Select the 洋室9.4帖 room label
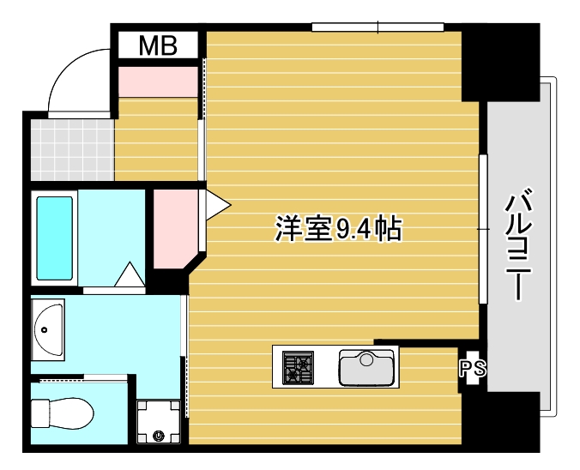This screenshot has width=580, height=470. (338, 229)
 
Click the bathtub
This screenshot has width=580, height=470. (54, 238)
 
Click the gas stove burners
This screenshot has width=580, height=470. (299, 366)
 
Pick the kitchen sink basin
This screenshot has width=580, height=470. (366, 367)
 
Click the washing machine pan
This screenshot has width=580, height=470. (159, 421)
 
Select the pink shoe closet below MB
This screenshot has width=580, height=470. (158, 81)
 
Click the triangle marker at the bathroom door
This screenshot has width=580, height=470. (130, 275)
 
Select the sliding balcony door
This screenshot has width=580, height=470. (483, 227)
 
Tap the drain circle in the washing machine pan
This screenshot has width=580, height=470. (158, 435)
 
